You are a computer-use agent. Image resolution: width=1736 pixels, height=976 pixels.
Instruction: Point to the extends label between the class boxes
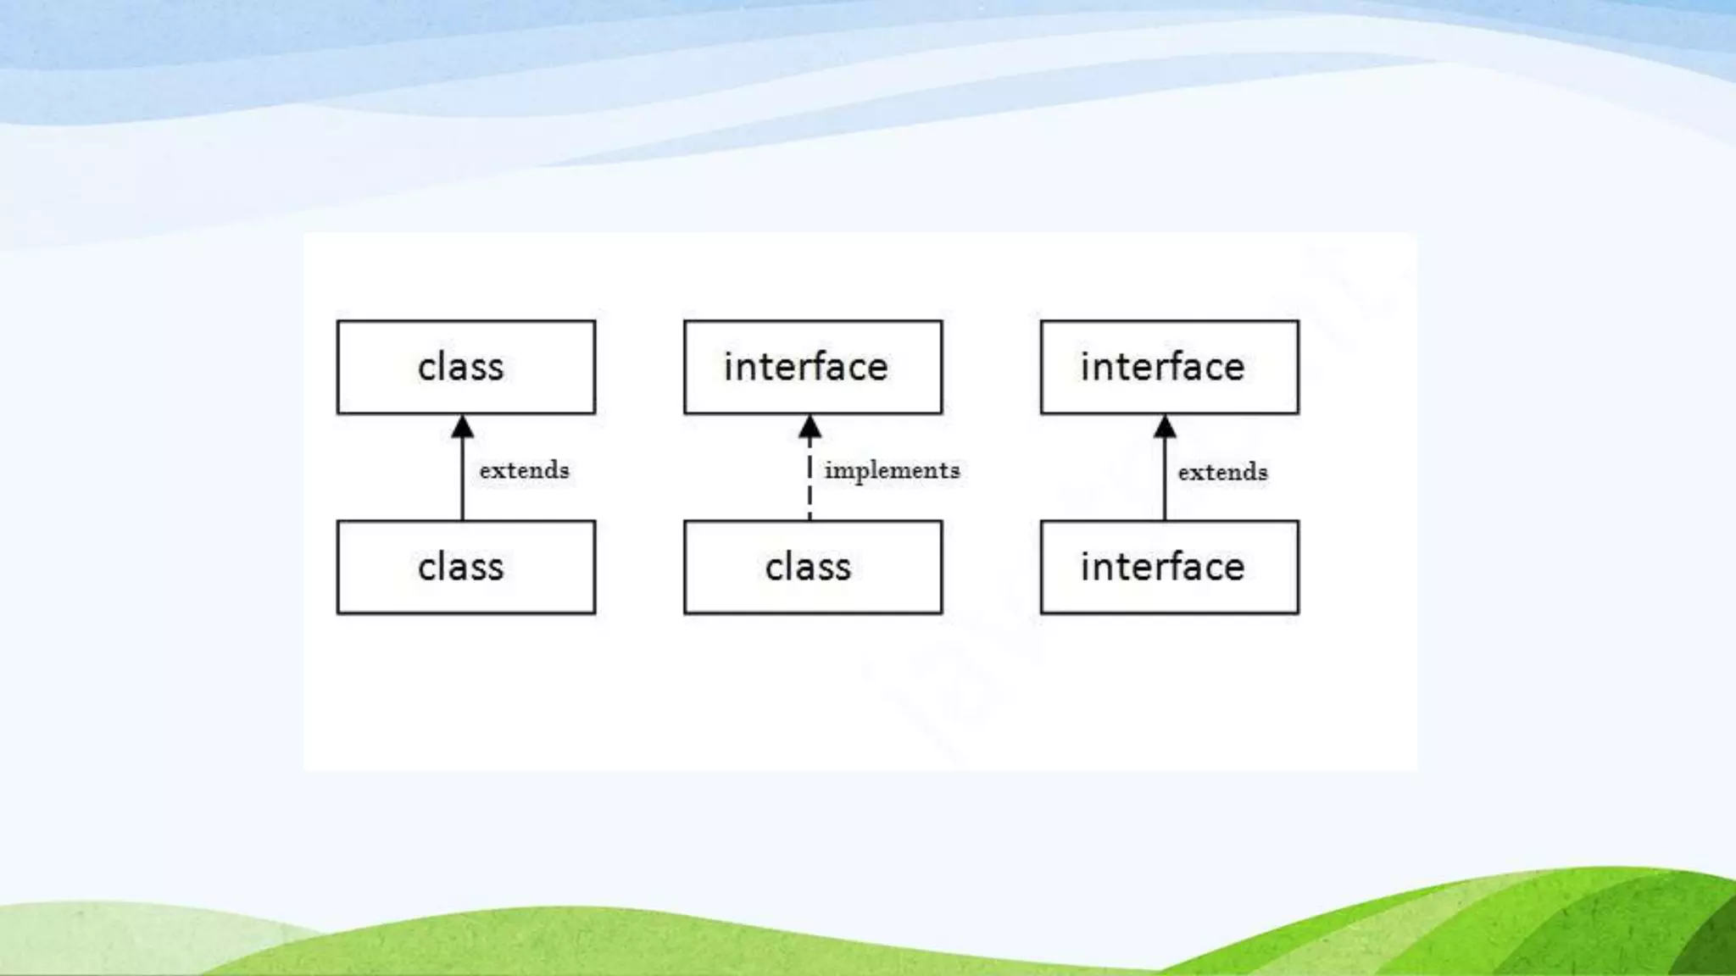(x=524, y=470)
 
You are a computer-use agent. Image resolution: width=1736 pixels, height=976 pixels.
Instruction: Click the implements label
(x=892, y=471)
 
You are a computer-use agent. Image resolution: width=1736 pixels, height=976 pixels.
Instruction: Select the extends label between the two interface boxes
(x=1222, y=472)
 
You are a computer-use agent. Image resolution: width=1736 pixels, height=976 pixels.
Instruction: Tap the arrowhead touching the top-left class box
(x=462, y=427)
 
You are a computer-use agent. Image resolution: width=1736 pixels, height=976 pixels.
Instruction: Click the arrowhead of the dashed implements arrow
(x=810, y=427)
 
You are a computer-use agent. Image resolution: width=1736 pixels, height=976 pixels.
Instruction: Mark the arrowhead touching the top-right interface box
(x=1165, y=427)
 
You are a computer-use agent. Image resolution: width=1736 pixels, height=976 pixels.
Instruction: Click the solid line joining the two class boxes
(x=462, y=483)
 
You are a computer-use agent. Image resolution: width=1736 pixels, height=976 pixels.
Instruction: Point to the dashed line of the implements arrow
(x=810, y=487)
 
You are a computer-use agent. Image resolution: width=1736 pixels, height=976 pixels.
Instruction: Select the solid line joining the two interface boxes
(x=1165, y=483)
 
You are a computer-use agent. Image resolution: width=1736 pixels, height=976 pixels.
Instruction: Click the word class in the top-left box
(x=460, y=368)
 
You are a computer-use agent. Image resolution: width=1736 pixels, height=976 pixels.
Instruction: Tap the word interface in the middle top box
(x=805, y=368)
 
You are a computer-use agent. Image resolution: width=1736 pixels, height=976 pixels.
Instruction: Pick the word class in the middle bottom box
(x=808, y=568)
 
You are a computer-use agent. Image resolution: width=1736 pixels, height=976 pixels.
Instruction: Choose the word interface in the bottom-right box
(x=1162, y=568)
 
